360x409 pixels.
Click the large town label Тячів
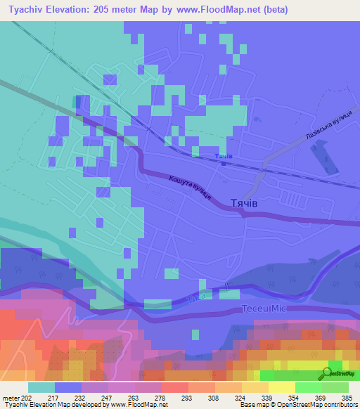coord(247,202)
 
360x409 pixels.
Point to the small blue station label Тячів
coord(224,156)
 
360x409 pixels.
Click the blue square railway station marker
coord(224,163)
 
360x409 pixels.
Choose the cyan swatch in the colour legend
coord(41,387)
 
